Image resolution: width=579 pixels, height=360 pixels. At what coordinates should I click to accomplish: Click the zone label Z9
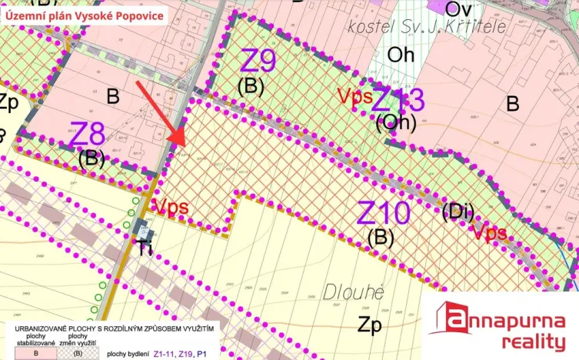pos(258,60)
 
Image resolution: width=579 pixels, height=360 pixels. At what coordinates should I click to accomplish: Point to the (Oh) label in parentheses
pos(396,122)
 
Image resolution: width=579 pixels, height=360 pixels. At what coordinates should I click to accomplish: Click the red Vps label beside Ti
pos(171,206)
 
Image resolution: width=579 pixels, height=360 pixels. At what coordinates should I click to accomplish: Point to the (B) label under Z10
pos(381,238)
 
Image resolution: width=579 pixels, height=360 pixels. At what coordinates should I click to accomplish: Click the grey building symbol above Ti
pos(145,228)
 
